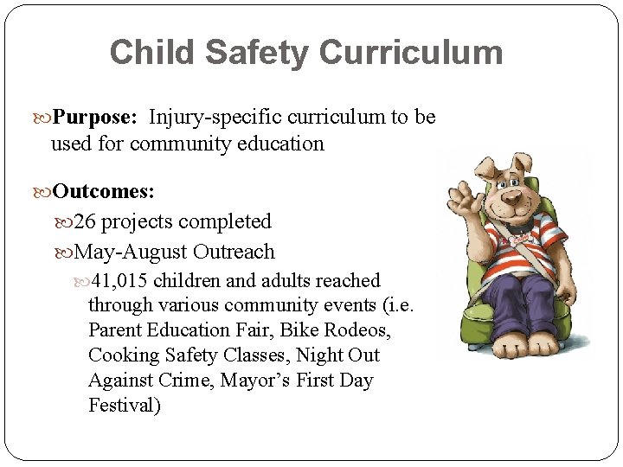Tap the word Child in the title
[x=144, y=53]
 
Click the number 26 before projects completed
[x=86, y=221]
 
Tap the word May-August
[x=132, y=252]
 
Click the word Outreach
[x=234, y=252]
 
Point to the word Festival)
[x=125, y=405]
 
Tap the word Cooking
[x=124, y=355]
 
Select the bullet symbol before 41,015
[x=80, y=281]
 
